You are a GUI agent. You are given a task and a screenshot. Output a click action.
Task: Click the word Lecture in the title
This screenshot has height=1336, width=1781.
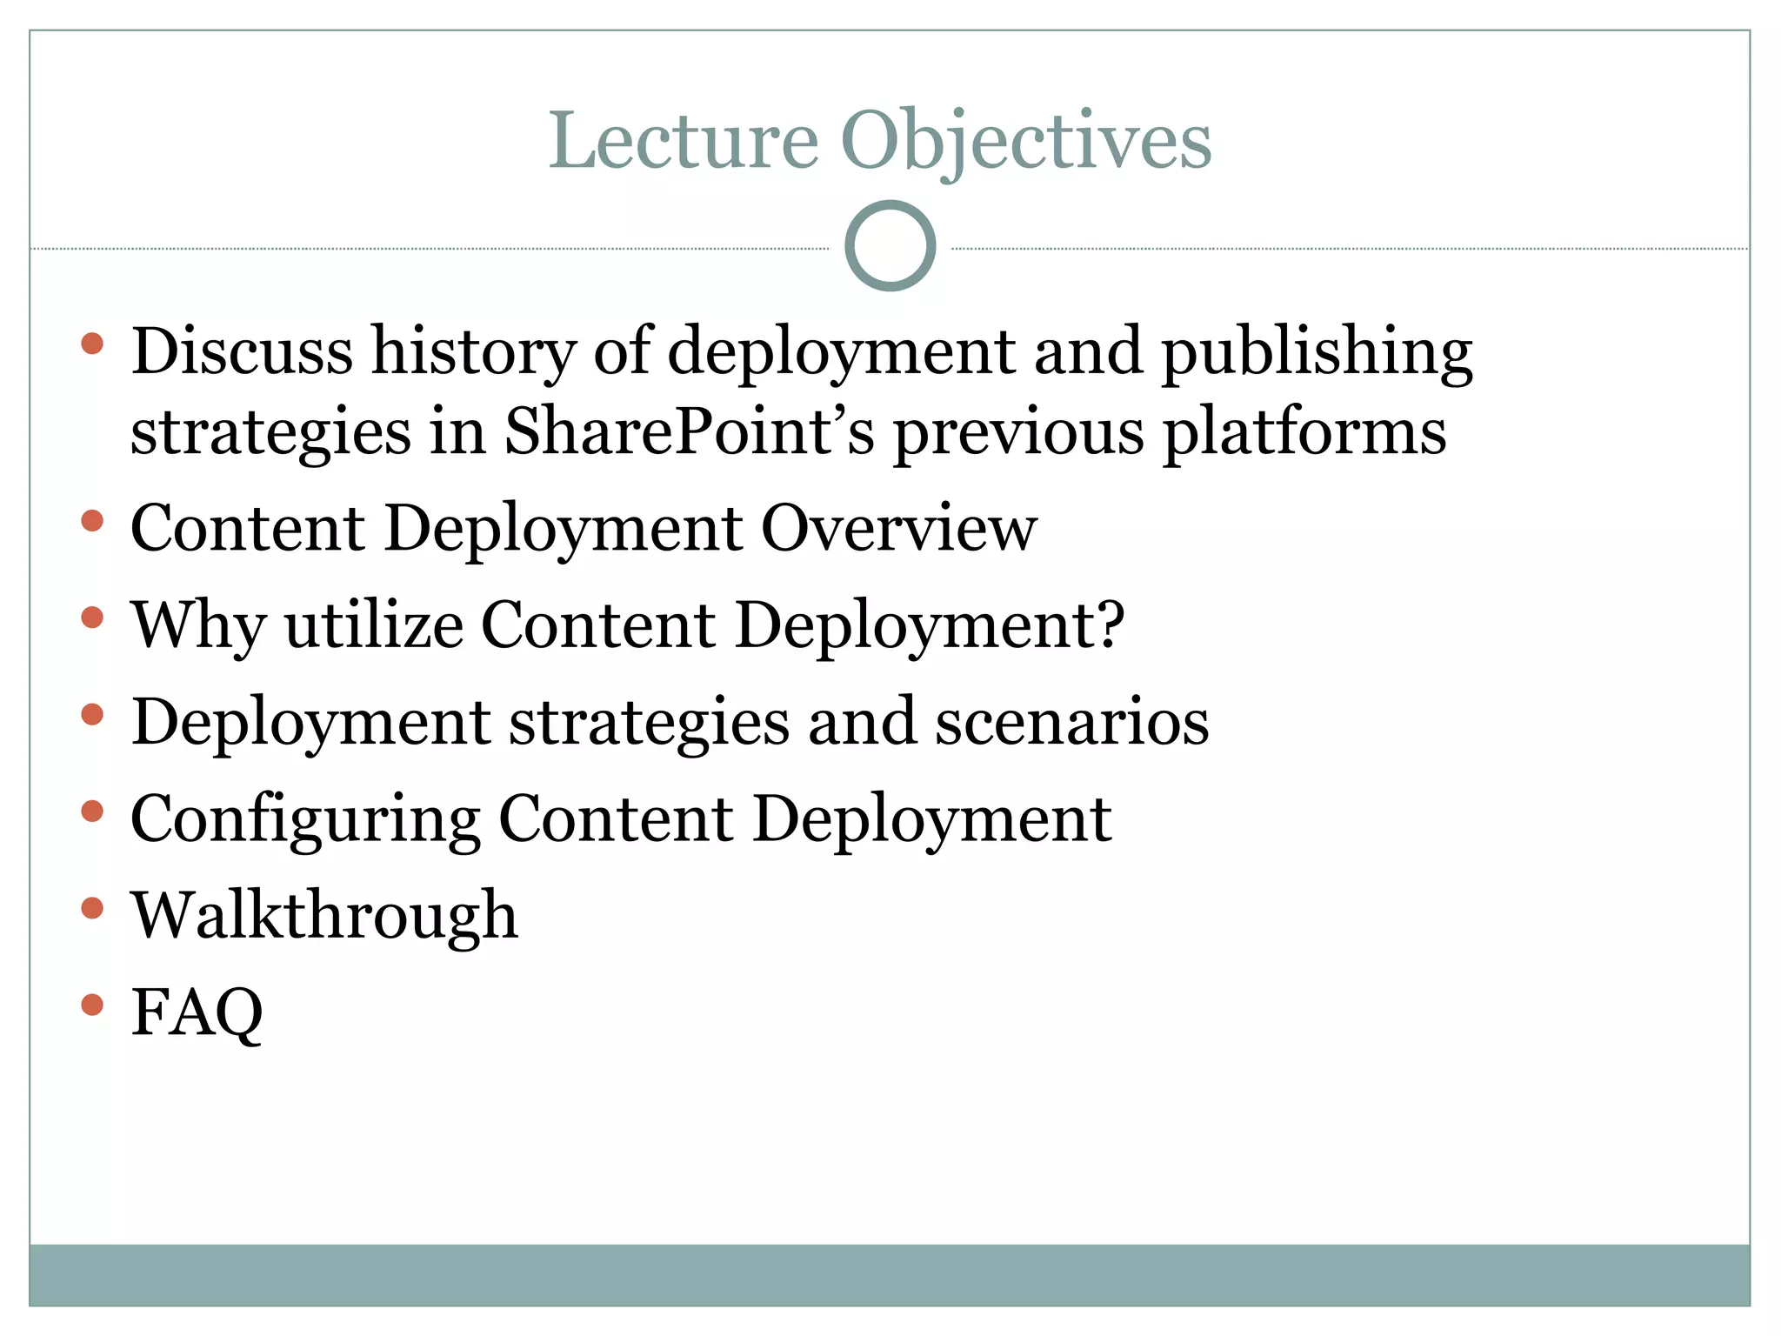click(x=684, y=141)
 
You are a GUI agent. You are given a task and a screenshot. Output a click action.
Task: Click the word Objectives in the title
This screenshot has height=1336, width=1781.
click(x=1025, y=141)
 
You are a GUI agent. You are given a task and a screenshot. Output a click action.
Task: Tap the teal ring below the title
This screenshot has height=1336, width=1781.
click(x=890, y=245)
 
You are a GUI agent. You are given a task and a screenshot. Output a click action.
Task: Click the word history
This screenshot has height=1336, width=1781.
click(x=473, y=351)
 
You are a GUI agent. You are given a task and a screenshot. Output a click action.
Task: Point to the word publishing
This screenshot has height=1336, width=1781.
click(x=1317, y=351)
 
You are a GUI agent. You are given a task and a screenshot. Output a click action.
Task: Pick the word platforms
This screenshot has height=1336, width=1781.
click(x=1304, y=432)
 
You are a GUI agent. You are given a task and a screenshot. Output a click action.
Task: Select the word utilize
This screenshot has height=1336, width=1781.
click(x=374, y=625)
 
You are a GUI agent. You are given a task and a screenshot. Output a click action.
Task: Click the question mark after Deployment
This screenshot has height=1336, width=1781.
click(x=1110, y=625)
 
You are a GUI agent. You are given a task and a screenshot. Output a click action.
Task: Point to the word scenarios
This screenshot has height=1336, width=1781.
click(x=1071, y=722)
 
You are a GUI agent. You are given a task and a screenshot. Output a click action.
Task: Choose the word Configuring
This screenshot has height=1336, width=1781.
click(x=304, y=819)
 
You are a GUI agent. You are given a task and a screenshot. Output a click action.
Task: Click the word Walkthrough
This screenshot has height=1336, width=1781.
click(x=324, y=916)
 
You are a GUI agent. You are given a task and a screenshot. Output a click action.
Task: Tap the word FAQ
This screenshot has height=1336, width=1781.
click(x=197, y=1012)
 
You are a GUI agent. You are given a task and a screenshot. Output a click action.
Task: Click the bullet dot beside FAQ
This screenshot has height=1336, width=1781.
click(x=92, y=1005)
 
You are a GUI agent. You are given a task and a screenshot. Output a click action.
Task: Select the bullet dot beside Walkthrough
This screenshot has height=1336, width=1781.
click(x=92, y=909)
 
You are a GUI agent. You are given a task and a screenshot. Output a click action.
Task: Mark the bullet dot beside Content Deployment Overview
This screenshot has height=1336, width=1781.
click(x=92, y=521)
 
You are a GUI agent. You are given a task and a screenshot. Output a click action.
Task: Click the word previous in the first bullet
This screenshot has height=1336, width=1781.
click(x=1018, y=432)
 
